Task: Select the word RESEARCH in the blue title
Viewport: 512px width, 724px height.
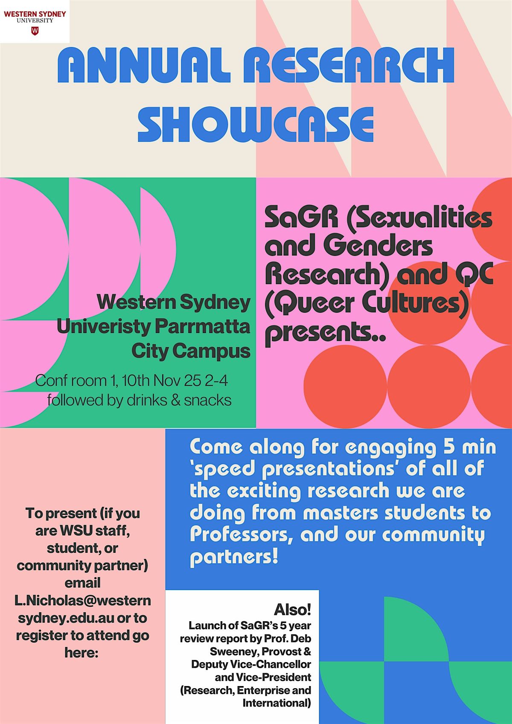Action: (x=348, y=66)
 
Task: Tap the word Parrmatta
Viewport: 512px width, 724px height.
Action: (x=202, y=327)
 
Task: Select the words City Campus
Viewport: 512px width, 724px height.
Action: (x=191, y=351)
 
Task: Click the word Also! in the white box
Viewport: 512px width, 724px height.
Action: (x=292, y=610)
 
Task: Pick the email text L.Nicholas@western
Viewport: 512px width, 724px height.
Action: (x=83, y=601)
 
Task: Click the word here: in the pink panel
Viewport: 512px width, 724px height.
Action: (x=81, y=652)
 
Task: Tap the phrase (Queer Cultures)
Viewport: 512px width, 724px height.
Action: (x=367, y=303)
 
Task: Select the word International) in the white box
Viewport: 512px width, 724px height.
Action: (x=276, y=703)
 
